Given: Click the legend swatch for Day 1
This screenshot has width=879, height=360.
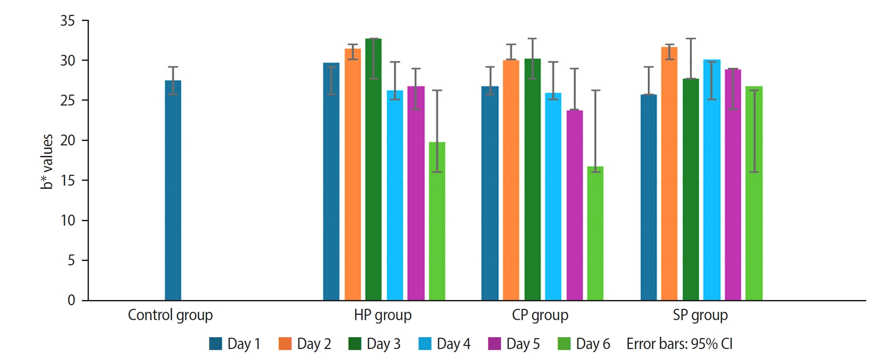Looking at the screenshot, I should coord(215,344).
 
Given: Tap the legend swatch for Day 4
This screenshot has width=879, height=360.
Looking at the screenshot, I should coord(425,344).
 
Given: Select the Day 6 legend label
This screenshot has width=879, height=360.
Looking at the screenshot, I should coord(593,344).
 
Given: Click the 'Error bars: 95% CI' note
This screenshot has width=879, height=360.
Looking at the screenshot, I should coord(679,344).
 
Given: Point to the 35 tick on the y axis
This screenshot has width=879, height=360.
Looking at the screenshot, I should coord(68,21).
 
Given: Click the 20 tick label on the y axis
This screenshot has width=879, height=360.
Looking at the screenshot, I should coord(68,141).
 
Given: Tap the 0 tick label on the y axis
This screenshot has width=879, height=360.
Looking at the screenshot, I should coord(71,300).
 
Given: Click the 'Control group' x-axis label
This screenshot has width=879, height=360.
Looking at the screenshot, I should coord(170,315).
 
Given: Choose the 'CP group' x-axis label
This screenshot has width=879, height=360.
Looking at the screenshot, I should coord(540,315).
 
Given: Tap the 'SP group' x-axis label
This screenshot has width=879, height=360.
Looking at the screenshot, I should coord(700,315).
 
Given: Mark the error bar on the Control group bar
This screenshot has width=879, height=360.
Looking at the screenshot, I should coord(173,81).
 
